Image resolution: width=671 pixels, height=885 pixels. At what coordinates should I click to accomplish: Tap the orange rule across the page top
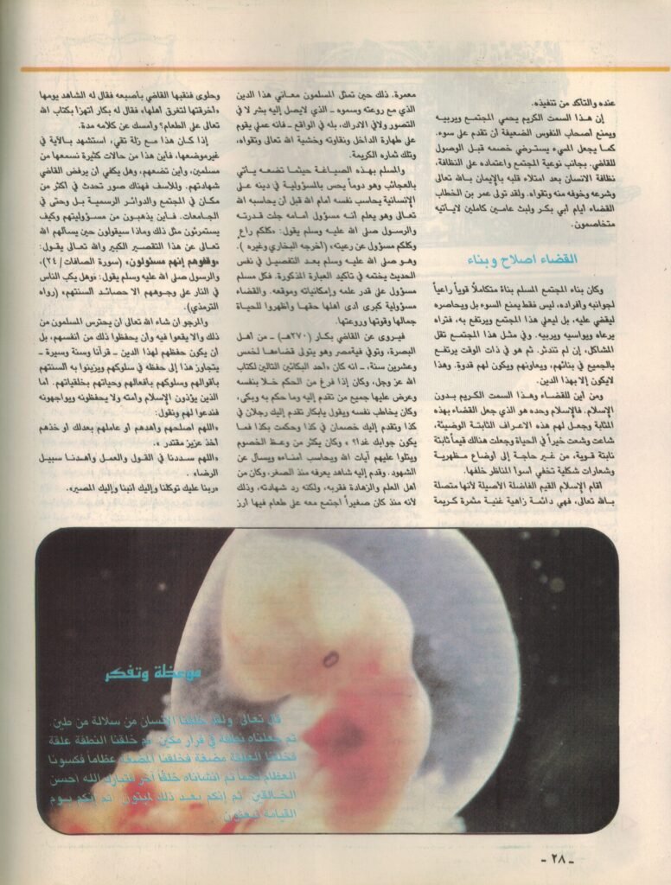pyautogui.click(x=335, y=70)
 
